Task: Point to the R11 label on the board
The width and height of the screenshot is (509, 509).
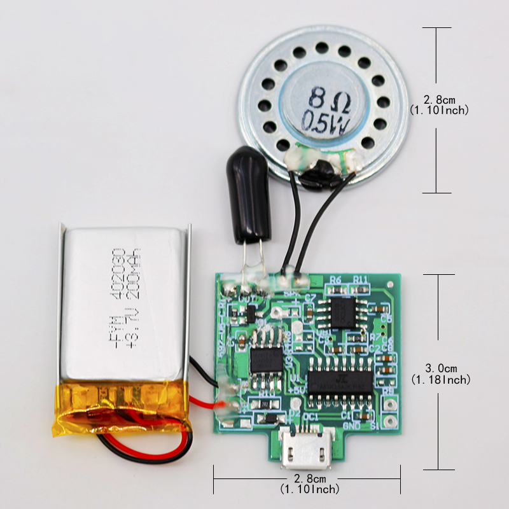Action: pos(361,279)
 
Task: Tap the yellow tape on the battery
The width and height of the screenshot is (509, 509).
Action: pos(121,410)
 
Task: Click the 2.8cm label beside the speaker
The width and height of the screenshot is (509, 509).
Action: pos(440,100)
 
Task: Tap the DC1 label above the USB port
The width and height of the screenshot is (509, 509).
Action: pos(311,417)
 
